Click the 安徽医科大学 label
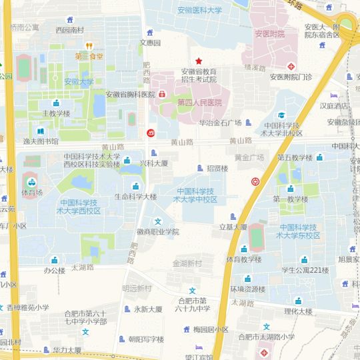(x=200, y=11)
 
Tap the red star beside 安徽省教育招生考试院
(x=197, y=61)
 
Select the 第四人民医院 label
(x=199, y=103)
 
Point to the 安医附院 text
(x=269, y=34)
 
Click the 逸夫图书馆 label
(x=41, y=141)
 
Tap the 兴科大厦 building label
(x=153, y=163)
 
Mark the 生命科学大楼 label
(x=135, y=197)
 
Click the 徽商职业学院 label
(x=158, y=232)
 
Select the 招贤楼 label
(x=217, y=169)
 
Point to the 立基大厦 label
(x=233, y=227)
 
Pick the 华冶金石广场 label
(x=220, y=123)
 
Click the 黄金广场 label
(x=249, y=157)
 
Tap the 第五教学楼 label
(x=295, y=158)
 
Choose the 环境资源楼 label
(x=248, y=289)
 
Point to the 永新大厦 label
(x=147, y=309)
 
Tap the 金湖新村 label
(x=187, y=263)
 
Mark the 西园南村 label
(x=70, y=30)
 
